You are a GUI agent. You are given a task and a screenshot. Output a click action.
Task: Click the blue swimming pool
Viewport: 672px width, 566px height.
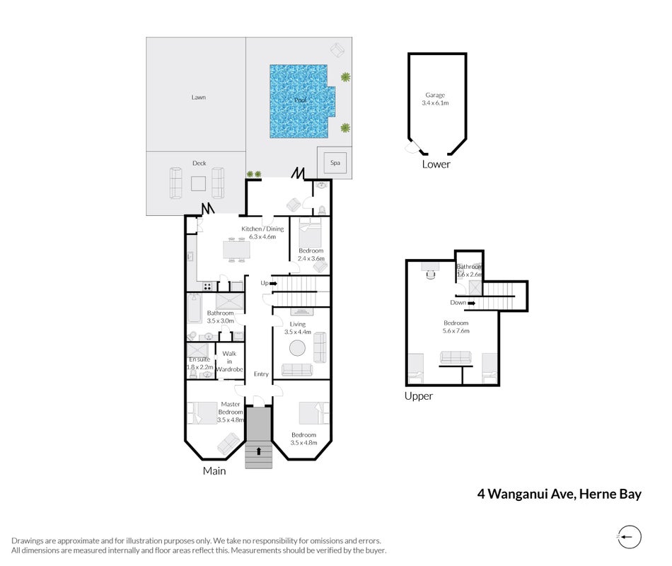(300, 101)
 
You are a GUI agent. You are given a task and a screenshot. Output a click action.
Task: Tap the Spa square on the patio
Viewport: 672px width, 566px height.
(335, 163)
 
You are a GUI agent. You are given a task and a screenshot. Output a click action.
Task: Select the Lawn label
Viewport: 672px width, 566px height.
(199, 98)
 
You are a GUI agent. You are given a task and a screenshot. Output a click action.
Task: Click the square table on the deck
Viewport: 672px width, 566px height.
(198, 184)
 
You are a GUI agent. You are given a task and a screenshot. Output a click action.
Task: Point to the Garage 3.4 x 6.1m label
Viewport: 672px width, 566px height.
(435, 99)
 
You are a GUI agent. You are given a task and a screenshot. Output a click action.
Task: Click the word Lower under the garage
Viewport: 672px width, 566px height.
(436, 164)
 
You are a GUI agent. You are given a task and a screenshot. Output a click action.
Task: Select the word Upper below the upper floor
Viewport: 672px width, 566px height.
(419, 396)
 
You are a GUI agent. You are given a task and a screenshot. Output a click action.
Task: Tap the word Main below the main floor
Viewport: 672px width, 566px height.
(214, 470)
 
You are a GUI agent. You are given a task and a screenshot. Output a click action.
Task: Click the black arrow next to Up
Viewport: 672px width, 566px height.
(274, 284)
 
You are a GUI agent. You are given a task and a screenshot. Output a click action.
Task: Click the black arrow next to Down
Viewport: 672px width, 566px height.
(471, 303)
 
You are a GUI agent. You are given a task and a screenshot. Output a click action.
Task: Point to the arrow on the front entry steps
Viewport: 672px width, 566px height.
(259, 451)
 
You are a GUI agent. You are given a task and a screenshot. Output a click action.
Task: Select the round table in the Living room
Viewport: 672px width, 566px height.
(297, 348)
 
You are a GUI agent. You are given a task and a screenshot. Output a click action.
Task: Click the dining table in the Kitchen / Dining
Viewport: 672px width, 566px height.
(236, 250)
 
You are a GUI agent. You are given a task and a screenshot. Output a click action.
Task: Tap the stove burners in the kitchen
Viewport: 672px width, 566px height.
(207, 287)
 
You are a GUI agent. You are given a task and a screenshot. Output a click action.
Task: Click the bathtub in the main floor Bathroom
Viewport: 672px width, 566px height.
(194, 308)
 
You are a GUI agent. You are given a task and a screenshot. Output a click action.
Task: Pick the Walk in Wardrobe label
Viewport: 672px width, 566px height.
(229, 362)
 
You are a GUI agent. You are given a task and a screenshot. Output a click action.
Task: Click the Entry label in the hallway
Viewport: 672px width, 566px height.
(261, 374)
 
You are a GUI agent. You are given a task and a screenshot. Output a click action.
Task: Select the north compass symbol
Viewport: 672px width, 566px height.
(629, 537)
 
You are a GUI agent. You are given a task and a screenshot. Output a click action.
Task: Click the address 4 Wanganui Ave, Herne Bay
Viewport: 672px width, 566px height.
(560, 494)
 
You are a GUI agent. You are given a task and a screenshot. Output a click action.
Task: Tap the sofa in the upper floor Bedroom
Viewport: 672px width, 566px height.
(456, 357)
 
